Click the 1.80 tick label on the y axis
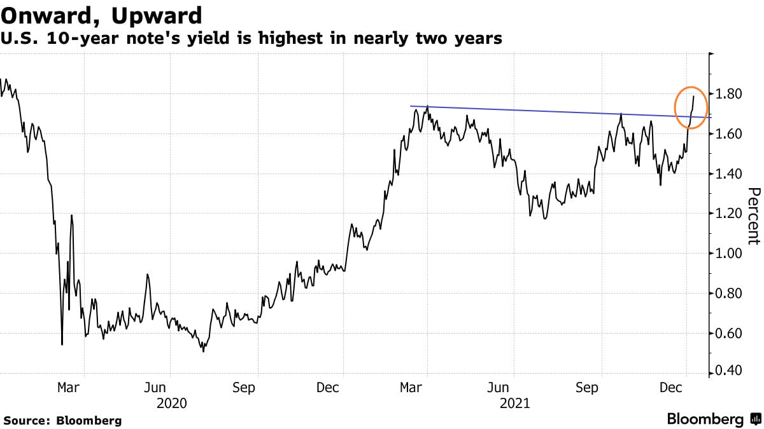coord(730,94)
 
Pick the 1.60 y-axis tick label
coord(730,134)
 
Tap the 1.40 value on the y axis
coord(730,174)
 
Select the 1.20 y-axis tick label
coord(730,214)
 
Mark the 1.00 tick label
coord(730,254)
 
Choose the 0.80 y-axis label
coord(730,294)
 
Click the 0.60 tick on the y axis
coord(730,334)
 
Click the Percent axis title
coord(754,216)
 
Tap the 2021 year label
coord(514,403)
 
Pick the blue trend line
coord(548,111)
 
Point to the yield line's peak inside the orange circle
coord(693,97)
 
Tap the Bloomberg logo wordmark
coord(705,419)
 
